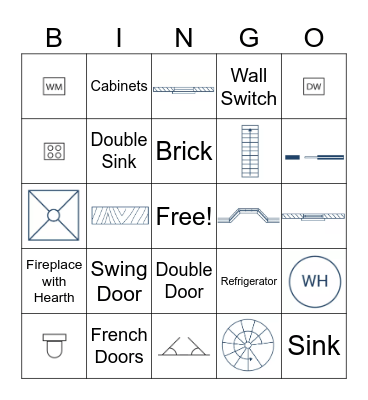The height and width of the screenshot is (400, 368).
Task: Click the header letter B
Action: [x=54, y=37]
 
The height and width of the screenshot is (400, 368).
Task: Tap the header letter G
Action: [x=249, y=37]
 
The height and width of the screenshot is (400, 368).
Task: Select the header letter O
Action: [x=314, y=37]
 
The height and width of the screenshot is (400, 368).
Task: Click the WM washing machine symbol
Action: [x=54, y=87]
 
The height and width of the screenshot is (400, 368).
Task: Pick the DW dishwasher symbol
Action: [x=314, y=87]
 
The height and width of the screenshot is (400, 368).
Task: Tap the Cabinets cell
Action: [x=119, y=87]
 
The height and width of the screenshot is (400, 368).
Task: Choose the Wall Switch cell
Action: [x=249, y=87]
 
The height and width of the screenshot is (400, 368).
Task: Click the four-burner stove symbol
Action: [x=54, y=151]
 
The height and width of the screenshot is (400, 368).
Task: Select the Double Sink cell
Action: [x=119, y=150]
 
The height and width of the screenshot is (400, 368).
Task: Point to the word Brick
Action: [x=184, y=151]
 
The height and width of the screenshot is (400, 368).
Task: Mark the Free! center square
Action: [x=184, y=216]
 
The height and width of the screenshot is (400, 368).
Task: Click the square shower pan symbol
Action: [x=54, y=216]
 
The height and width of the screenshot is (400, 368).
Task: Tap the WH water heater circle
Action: [x=314, y=281]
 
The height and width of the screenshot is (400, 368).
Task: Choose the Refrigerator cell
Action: [x=249, y=282]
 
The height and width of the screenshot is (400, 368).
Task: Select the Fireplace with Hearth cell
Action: [x=54, y=281]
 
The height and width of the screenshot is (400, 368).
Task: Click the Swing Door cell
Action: [x=119, y=281]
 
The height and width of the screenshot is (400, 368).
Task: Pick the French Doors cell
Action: [x=119, y=346]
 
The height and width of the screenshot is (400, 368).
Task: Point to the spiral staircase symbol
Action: [x=249, y=346]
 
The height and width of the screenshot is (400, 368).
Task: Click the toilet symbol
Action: [x=54, y=346]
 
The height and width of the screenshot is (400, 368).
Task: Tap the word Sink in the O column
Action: [x=314, y=346]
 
